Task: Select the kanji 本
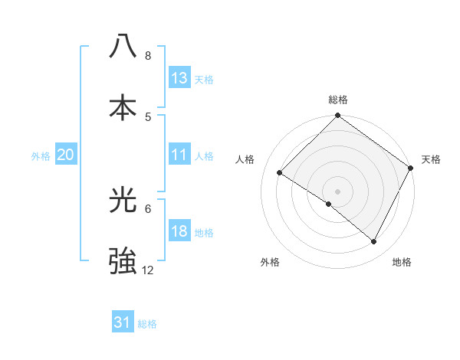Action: (x=123, y=106)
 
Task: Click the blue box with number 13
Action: (x=179, y=78)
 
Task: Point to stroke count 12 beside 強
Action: (x=148, y=270)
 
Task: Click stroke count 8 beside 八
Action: (x=148, y=55)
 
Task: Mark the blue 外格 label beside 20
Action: (x=41, y=156)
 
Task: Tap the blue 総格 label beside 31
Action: (x=147, y=324)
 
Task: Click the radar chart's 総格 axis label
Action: (x=337, y=100)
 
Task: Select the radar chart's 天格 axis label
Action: (x=431, y=160)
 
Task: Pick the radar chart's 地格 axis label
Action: (x=402, y=263)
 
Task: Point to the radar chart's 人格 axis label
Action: (x=245, y=160)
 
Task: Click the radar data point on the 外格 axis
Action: (x=329, y=205)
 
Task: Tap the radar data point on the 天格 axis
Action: (x=410, y=168)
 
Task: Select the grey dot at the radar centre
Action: (x=337, y=191)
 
